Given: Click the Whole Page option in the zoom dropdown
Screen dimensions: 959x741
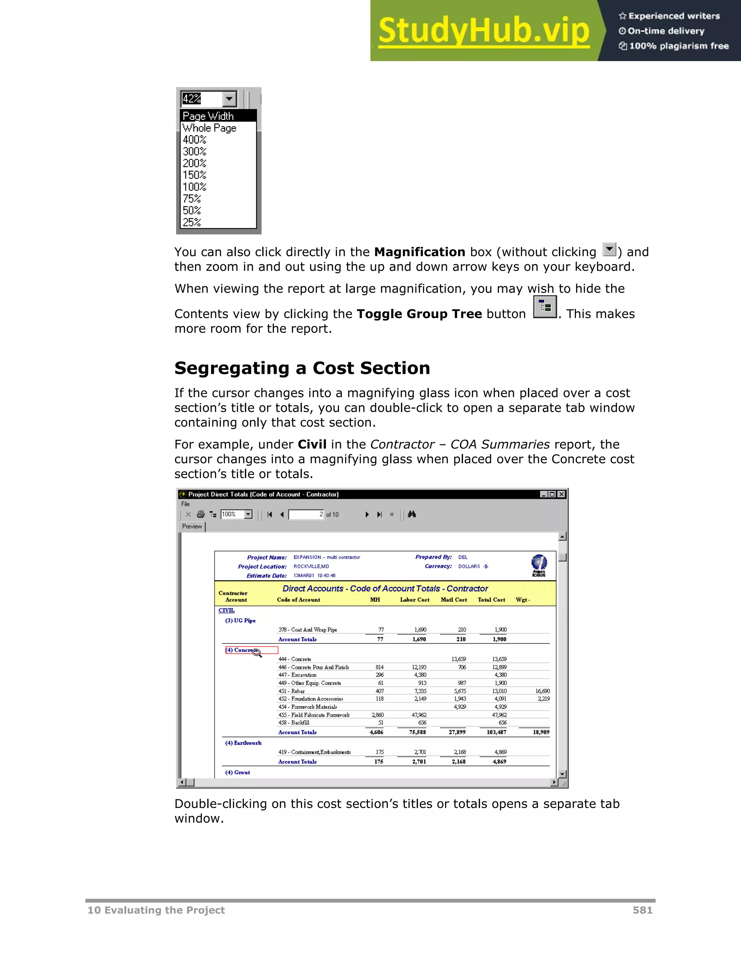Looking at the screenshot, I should (x=209, y=128).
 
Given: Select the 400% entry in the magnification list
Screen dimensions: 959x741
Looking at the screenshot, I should (x=194, y=140).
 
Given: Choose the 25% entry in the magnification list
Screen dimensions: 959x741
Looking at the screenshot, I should (x=192, y=222).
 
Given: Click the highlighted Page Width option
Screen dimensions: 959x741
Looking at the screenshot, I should (x=208, y=116).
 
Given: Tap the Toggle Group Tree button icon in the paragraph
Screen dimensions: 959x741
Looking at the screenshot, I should (x=545, y=307).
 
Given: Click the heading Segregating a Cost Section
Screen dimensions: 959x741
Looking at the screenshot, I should (x=302, y=368).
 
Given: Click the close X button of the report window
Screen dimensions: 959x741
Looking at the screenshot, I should (x=562, y=494).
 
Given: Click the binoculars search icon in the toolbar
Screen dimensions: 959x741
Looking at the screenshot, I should (x=412, y=514).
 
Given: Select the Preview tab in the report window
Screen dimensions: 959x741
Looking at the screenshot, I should (x=192, y=527).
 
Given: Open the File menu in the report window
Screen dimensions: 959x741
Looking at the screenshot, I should (x=186, y=504).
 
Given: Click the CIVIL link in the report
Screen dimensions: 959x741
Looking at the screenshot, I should (x=226, y=611).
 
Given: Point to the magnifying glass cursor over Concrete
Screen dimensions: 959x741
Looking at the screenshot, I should (x=257, y=653).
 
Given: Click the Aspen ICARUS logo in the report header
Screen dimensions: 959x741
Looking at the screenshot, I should (x=539, y=565).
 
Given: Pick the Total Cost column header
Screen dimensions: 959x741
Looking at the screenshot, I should (x=491, y=600).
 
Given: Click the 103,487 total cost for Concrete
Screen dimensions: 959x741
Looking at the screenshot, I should (x=496, y=732).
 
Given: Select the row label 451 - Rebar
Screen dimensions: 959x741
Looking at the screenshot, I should (x=292, y=691).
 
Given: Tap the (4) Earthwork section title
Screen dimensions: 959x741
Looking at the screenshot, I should (x=243, y=743).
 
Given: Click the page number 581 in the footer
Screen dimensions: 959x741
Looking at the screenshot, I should (x=642, y=910).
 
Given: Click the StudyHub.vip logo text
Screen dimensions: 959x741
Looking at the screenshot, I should (x=484, y=30).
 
